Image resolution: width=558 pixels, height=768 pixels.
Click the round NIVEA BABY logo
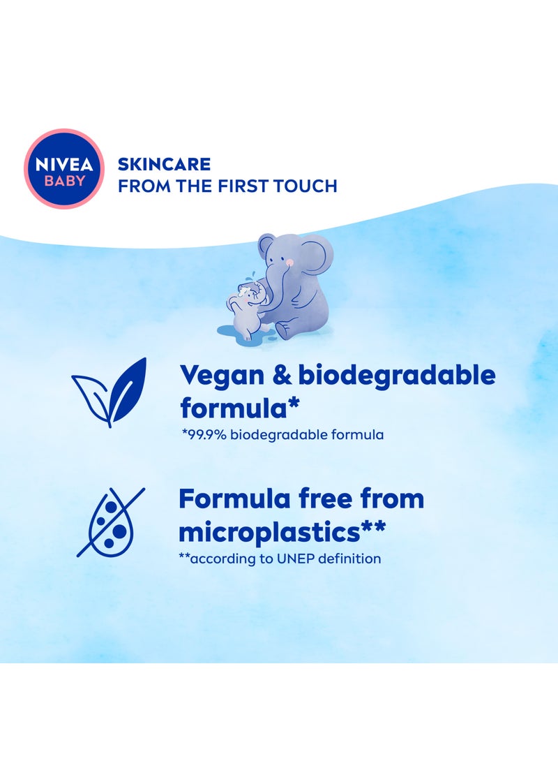click(64, 168)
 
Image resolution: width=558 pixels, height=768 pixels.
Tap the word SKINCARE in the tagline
click(164, 164)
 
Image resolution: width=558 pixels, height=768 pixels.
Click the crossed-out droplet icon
click(110, 522)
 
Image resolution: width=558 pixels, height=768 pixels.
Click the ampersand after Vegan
click(282, 376)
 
